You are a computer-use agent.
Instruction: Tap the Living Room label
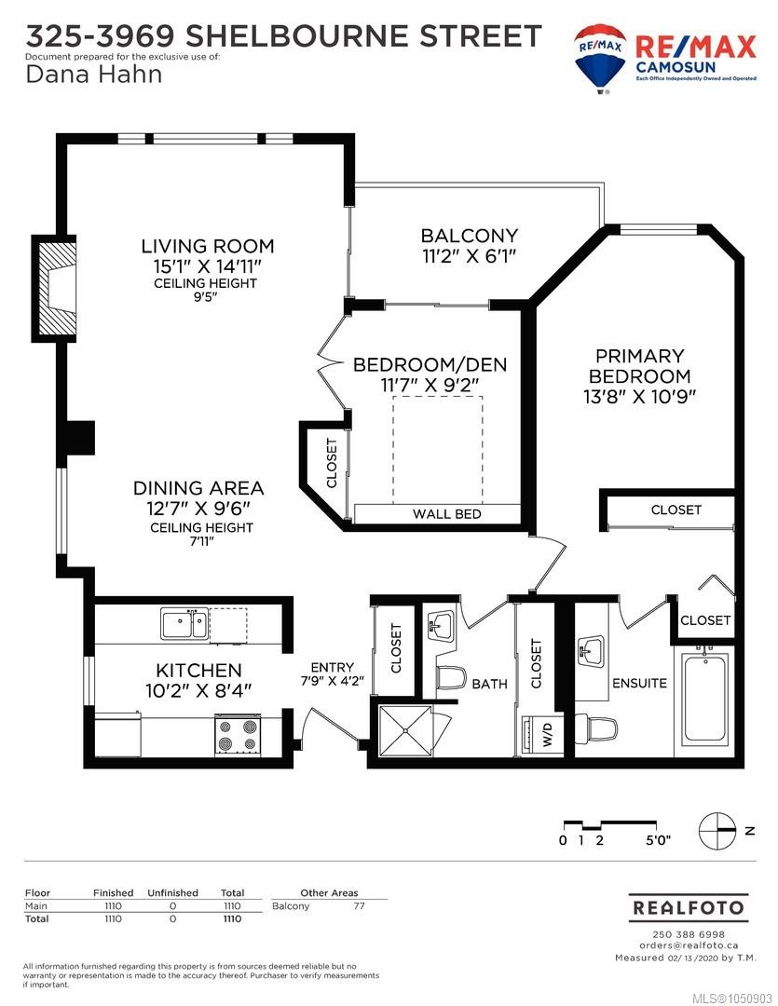pyautogui.click(x=208, y=246)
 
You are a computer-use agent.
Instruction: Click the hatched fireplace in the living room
pyautogui.click(x=55, y=288)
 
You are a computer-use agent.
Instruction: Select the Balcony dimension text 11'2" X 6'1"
pyautogui.click(x=470, y=256)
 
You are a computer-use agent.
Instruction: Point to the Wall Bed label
pyautogui.click(x=447, y=514)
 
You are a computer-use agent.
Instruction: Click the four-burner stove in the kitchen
pyautogui.click(x=238, y=735)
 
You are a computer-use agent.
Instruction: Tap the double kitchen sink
pyautogui.click(x=184, y=624)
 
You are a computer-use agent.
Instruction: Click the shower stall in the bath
pyautogui.click(x=405, y=730)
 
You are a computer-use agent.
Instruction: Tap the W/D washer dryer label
pyautogui.click(x=547, y=734)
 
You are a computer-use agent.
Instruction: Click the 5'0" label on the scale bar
pyautogui.click(x=658, y=840)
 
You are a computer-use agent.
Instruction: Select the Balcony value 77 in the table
pyautogui.click(x=359, y=906)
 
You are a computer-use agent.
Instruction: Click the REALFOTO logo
pyautogui.click(x=689, y=908)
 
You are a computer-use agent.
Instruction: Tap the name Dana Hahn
pyautogui.click(x=94, y=75)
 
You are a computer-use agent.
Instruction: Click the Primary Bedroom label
pyautogui.click(x=639, y=366)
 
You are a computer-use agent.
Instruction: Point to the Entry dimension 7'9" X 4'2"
pyautogui.click(x=332, y=681)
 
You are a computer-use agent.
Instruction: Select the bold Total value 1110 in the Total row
pyautogui.click(x=232, y=918)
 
